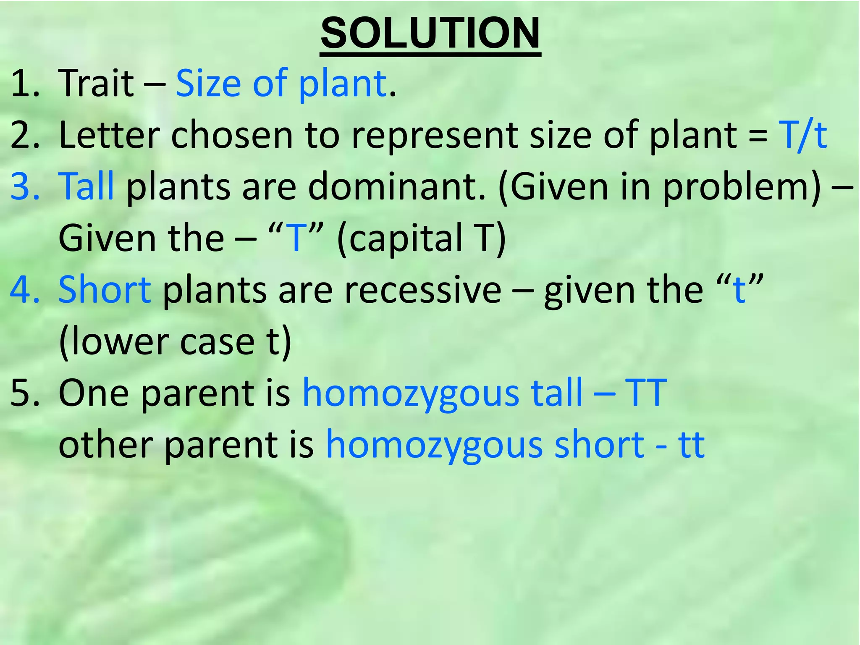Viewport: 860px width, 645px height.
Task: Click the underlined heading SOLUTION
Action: (x=430, y=34)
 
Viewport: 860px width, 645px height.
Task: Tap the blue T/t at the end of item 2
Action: (x=802, y=135)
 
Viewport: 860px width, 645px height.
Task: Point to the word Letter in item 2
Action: (x=109, y=135)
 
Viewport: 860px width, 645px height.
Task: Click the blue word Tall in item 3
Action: (x=87, y=186)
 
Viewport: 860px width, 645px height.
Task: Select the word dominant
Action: (x=397, y=186)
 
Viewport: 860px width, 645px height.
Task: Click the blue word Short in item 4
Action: (x=105, y=290)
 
